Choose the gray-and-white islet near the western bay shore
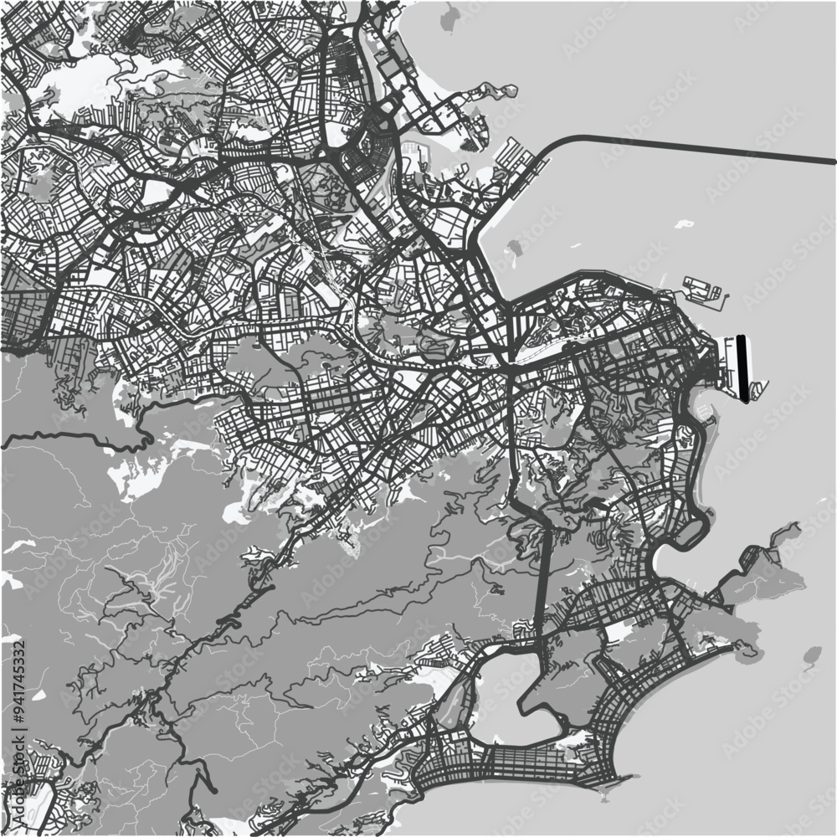coord(514,249)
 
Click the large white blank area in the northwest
coord(75,84)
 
